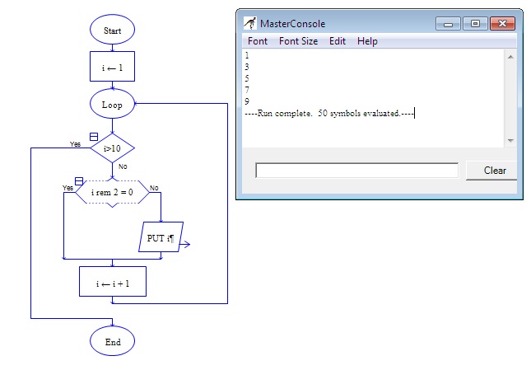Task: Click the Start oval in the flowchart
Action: tap(112, 30)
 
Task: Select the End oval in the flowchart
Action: tap(112, 341)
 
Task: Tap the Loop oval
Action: tap(112, 105)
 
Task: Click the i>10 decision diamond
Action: tap(112, 148)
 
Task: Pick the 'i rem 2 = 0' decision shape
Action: tap(112, 192)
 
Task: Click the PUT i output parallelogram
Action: tap(161, 238)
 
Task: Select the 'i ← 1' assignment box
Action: tap(112, 68)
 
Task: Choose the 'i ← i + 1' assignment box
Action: tap(112, 282)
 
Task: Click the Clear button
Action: tap(494, 171)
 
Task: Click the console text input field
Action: tap(356, 171)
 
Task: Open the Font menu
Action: tap(258, 41)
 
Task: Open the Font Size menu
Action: tap(298, 41)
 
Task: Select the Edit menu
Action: tap(338, 41)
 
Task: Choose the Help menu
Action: tap(367, 41)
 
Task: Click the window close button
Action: tap(504, 23)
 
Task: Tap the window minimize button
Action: tap(449, 23)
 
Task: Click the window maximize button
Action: tap(474, 23)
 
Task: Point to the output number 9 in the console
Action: tap(248, 101)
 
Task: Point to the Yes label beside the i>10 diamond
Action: tap(76, 143)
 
